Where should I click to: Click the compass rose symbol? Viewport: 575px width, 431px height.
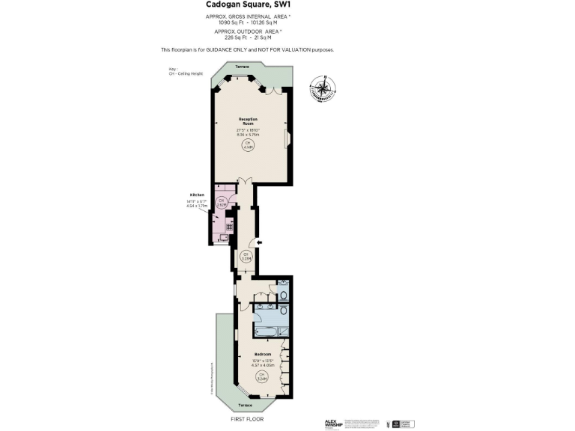coord(322,88)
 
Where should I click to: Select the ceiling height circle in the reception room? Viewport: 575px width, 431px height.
coord(248,147)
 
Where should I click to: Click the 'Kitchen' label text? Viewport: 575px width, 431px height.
coord(197,195)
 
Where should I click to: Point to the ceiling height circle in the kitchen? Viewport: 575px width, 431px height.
coord(222,202)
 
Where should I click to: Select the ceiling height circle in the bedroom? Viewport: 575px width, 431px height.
coord(261,377)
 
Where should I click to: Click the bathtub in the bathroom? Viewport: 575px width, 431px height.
coord(266,330)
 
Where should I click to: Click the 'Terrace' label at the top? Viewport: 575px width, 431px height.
coord(242,67)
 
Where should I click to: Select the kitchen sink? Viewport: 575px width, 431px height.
coord(222,239)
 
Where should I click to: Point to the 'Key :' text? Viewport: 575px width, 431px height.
coord(174,70)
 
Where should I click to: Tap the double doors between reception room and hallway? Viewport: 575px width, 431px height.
coord(242,182)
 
